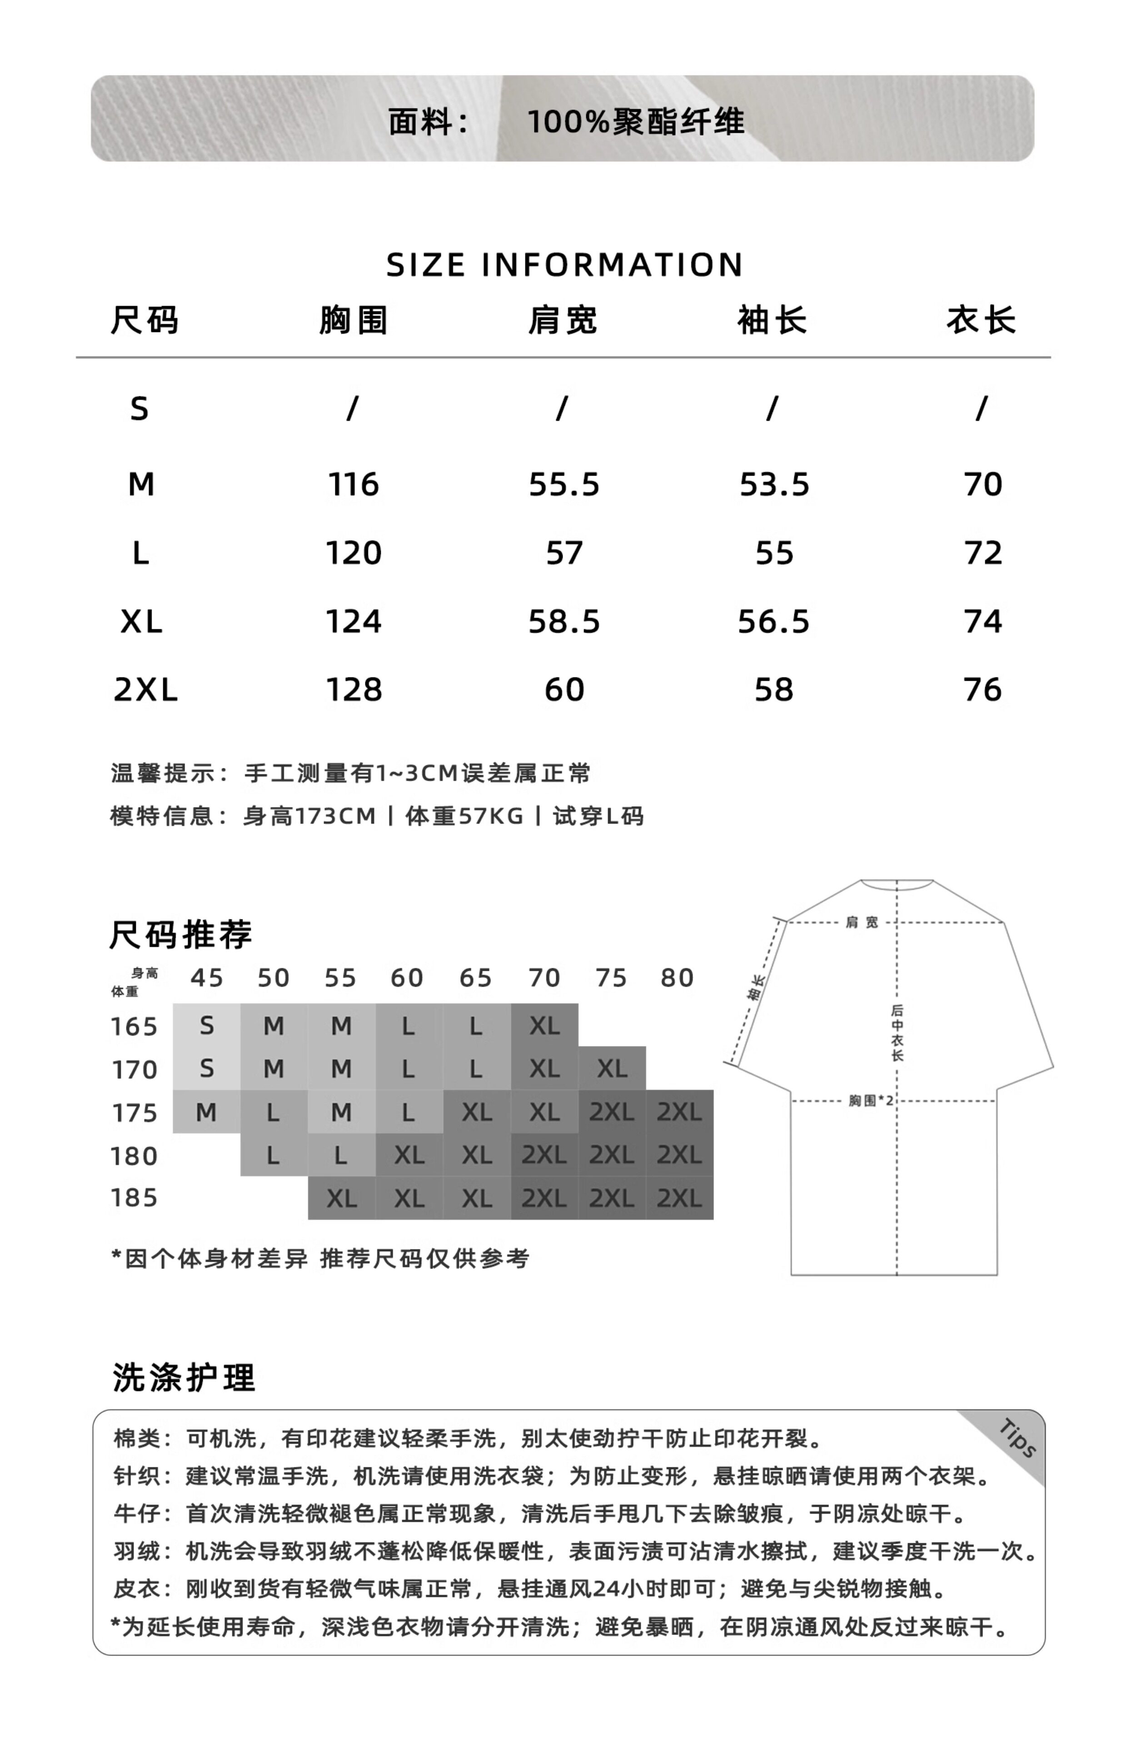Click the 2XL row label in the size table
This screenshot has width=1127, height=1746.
coord(145,690)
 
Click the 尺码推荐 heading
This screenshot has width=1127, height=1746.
coord(181,935)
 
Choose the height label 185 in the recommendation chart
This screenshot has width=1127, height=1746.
coord(134,1198)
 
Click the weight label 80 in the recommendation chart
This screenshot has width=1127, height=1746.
coord(677,978)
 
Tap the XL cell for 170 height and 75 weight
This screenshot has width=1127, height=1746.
coord(612,1069)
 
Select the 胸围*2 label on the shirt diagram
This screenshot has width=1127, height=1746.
coord(871,1100)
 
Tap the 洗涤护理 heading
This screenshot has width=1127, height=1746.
coord(184,1378)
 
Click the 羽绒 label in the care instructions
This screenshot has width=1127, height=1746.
coord(136,1551)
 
